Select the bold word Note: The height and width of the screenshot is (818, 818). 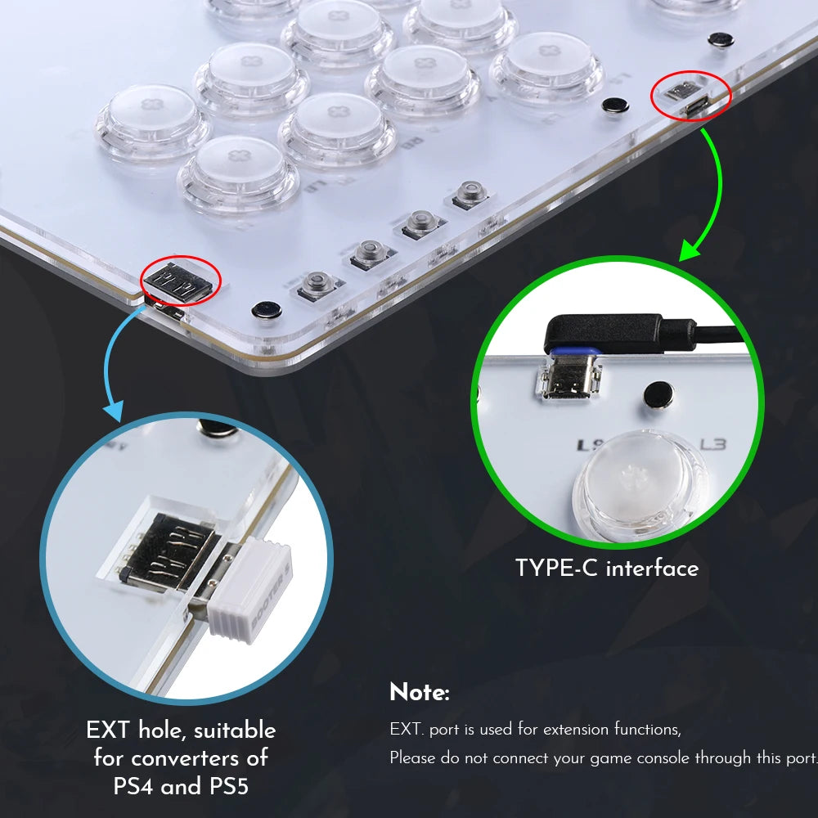(x=419, y=693)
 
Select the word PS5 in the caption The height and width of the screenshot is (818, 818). (x=225, y=786)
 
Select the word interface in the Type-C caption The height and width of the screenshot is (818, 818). (x=653, y=568)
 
